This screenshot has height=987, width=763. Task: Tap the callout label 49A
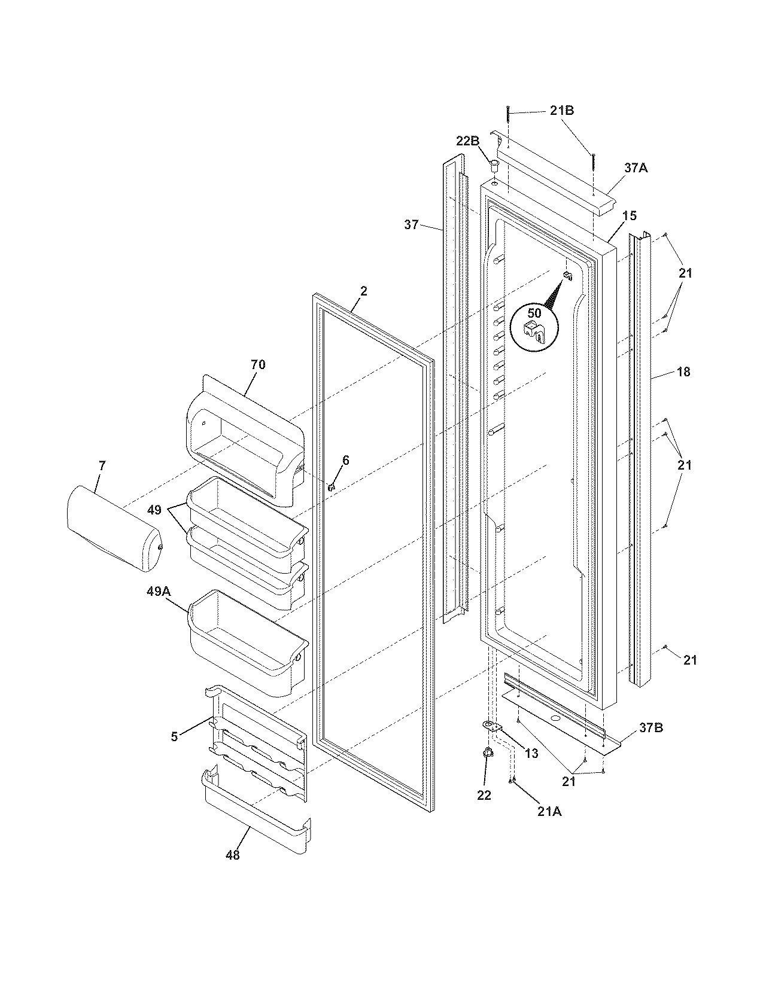click(159, 591)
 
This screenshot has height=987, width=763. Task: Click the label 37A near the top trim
click(636, 169)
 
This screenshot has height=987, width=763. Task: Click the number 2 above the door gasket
click(364, 291)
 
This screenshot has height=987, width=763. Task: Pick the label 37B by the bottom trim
click(651, 728)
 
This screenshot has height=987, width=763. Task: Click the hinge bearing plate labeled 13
click(491, 726)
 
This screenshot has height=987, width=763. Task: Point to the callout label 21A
click(550, 811)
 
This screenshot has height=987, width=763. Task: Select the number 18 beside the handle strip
click(683, 372)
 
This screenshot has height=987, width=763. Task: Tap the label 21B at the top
click(562, 111)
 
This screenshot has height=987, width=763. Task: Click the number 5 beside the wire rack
click(174, 737)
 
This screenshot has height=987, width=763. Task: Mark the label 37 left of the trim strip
click(411, 225)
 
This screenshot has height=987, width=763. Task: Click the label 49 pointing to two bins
click(154, 510)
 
